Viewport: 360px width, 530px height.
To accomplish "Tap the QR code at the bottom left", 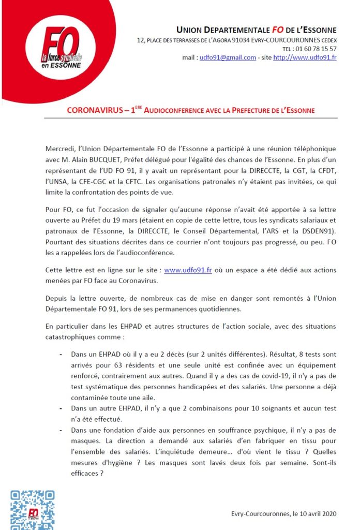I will pyautogui.click(x=32, y=509).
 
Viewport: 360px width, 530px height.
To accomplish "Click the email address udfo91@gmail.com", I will pyautogui.click(x=228, y=57).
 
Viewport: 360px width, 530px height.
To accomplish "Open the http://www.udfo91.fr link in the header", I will pyautogui.click(x=305, y=57).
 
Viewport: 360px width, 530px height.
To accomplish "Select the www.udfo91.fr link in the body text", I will pyautogui.click(x=188, y=271).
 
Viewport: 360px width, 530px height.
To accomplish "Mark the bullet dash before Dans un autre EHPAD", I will pyautogui.click(x=62, y=407).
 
